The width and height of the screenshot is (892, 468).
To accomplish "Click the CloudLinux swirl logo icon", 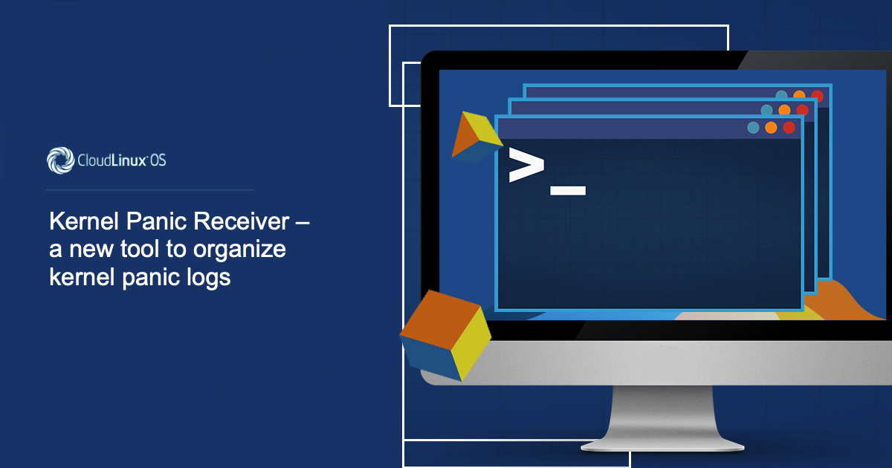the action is click(x=60, y=160).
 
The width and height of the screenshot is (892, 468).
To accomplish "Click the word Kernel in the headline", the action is click(x=84, y=221).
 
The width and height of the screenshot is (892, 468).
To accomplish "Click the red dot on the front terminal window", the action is click(x=789, y=128).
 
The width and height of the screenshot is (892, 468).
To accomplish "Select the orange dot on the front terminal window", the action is click(x=771, y=128).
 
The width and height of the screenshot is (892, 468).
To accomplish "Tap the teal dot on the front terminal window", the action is click(x=753, y=128).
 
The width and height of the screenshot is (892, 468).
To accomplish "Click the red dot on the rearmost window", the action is click(x=817, y=96).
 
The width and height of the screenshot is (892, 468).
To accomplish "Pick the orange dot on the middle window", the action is click(x=784, y=109).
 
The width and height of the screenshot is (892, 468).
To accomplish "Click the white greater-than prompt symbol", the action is click(x=526, y=165).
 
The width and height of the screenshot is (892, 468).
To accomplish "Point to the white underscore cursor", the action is click(x=568, y=190).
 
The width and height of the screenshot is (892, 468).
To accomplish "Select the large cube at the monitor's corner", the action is click(x=445, y=335).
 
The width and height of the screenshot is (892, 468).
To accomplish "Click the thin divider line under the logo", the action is click(x=149, y=190).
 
